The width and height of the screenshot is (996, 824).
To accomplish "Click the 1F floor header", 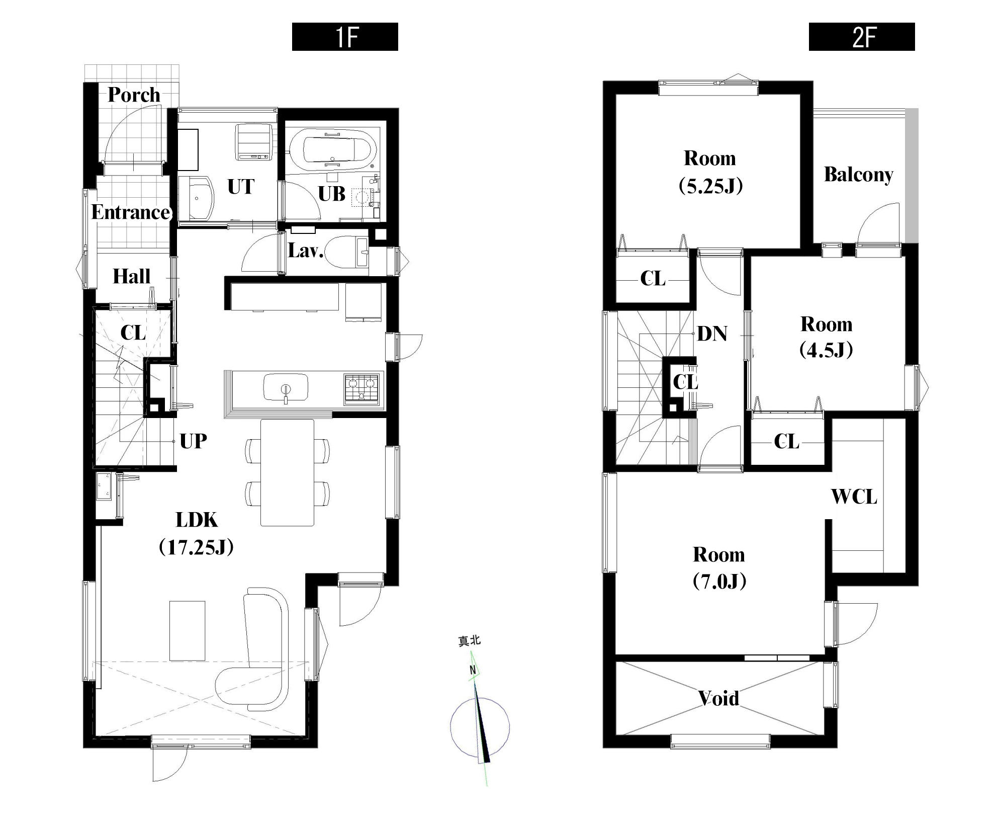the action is [345, 37].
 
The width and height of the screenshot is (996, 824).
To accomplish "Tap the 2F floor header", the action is [862, 37].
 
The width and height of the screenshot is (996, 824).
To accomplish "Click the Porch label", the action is [134, 95].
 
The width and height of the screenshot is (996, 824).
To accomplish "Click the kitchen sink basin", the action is [286, 388].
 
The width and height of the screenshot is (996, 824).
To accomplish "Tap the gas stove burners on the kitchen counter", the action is [361, 388].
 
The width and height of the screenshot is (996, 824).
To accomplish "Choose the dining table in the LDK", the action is [287, 473].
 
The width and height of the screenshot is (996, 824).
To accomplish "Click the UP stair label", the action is [194, 441].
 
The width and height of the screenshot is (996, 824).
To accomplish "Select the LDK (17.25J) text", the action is [197, 533].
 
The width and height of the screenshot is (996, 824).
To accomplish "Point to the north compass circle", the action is [480, 727].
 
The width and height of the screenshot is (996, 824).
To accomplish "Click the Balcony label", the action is [859, 175].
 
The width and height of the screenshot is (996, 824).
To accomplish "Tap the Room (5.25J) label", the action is [710, 172].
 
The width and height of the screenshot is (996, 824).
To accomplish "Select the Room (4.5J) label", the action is [826, 337].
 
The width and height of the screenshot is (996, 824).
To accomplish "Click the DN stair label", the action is [712, 334].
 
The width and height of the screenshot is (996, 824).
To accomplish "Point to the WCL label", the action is [854, 497].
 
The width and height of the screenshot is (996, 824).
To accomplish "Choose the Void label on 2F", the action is [719, 698].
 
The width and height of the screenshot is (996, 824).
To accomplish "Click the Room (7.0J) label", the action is [719, 567].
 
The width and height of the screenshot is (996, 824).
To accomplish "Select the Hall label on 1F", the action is [131, 276].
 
